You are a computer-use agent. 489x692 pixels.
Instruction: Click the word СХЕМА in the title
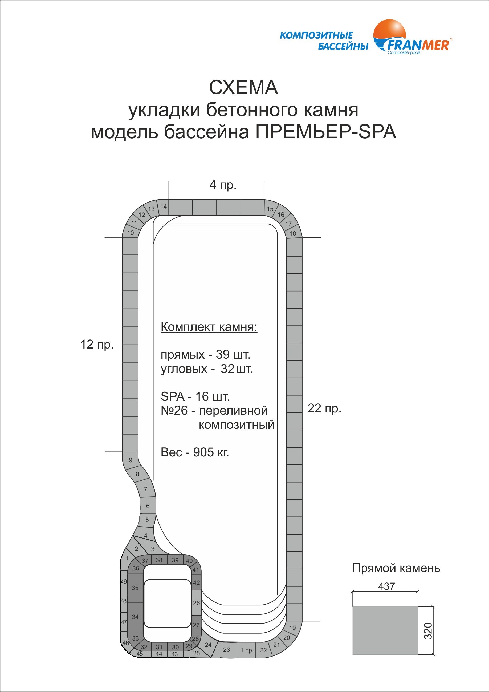[x=243, y=88]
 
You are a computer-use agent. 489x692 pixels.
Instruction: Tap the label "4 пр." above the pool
[x=223, y=184]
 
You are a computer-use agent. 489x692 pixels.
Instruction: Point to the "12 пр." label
[x=97, y=344]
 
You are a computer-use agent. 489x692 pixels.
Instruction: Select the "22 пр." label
[x=324, y=408]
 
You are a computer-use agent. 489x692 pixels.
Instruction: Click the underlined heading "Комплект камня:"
[x=209, y=327]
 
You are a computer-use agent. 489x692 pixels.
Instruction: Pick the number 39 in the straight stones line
[x=223, y=354]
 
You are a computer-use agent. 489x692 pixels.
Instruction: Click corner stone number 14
[x=164, y=207]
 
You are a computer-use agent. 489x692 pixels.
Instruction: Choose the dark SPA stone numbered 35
[x=135, y=588]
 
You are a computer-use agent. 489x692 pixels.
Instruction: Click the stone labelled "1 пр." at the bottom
[x=247, y=650]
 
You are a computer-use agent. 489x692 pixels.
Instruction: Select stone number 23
[x=227, y=650]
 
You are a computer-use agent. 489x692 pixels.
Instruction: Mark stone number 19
[x=292, y=628]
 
